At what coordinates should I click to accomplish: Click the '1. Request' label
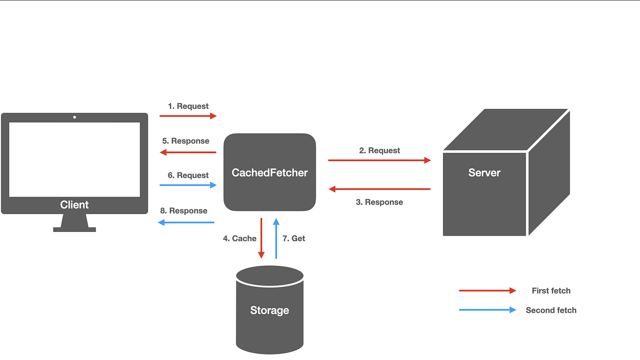point(188,106)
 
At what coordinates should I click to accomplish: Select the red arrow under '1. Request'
point(188,116)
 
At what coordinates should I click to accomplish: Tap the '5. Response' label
point(186,141)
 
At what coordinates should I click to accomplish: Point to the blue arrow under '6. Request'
point(188,185)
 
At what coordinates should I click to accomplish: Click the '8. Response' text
point(184,211)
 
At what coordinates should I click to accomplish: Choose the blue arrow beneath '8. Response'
point(186,222)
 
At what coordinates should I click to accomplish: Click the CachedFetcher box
point(270,172)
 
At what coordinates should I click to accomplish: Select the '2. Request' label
point(379,150)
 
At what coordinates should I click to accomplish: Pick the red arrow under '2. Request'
point(379,160)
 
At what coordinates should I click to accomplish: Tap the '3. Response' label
point(379,202)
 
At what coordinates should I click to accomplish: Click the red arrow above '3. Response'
point(379,189)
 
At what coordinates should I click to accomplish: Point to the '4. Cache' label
point(240,238)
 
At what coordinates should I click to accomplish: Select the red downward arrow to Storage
point(261,238)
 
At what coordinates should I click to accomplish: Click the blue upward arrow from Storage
point(276,238)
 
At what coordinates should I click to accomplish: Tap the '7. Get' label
point(293,238)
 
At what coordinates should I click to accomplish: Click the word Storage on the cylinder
point(270,310)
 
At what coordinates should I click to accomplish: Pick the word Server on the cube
point(484,173)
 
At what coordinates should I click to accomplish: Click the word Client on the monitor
point(74,205)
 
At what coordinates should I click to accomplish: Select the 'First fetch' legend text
point(551,291)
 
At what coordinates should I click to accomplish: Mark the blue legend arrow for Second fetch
point(487,310)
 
